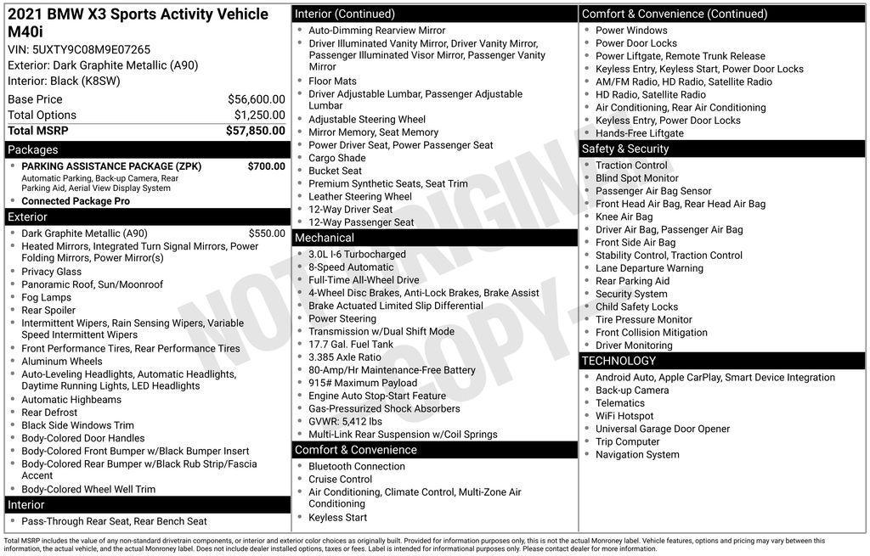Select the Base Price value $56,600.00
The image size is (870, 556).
(x=256, y=99)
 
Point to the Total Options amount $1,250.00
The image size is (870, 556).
(x=259, y=115)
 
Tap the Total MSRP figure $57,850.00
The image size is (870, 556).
(x=255, y=131)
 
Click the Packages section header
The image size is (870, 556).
(x=33, y=149)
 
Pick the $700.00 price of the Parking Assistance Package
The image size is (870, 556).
(x=266, y=166)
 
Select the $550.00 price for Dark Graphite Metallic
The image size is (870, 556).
(x=267, y=233)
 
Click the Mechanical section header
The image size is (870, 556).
(x=325, y=238)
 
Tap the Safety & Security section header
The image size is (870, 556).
(x=625, y=149)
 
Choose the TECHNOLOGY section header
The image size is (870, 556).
(x=619, y=361)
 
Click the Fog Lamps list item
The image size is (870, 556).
(x=46, y=298)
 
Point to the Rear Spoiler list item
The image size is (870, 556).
(x=48, y=311)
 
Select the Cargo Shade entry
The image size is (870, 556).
(x=337, y=158)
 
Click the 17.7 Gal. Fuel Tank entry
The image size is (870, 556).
(x=351, y=345)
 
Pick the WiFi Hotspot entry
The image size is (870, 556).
(x=624, y=416)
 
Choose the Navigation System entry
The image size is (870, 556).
(x=637, y=455)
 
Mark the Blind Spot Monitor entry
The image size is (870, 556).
(x=637, y=178)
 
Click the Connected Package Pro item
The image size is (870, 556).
(x=76, y=201)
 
